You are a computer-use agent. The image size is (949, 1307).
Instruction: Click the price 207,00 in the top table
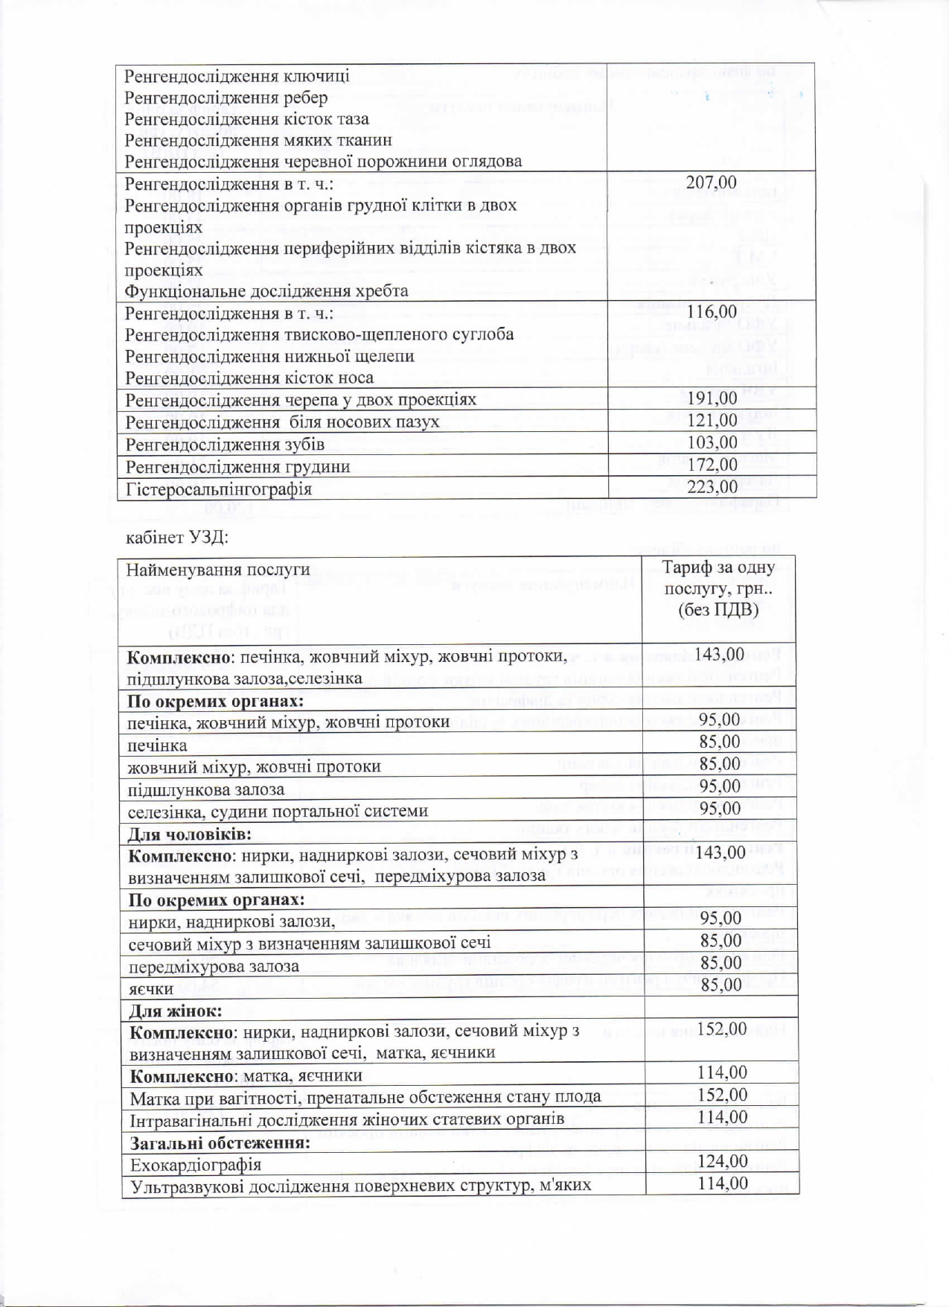(711, 182)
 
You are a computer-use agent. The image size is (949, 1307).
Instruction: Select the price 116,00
(712, 312)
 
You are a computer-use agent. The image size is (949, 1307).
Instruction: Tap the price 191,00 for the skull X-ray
(712, 398)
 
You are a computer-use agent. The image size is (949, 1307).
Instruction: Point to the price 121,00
(712, 421)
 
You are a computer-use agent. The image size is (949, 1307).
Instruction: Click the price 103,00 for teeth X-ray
(712, 443)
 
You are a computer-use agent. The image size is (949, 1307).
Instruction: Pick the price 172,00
(712, 465)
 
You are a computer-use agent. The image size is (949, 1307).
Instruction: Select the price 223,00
(712, 487)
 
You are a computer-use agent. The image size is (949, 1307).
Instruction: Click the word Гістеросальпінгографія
(219, 489)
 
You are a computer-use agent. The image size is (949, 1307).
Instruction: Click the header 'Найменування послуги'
(218, 570)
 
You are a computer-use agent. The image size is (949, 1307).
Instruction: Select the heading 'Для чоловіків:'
(190, 834)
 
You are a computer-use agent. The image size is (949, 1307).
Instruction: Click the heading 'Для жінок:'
(176, 1011)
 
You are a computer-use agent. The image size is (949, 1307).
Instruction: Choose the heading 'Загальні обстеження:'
(220, 1143)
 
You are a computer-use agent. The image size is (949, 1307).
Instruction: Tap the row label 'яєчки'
(151, 989)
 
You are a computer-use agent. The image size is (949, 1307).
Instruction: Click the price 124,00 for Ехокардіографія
(722, 1161)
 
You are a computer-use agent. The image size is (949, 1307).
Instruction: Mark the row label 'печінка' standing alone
(157, 745)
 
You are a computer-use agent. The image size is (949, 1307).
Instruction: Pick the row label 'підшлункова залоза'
(206, 789)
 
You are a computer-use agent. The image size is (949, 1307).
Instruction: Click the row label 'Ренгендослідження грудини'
(237, 467)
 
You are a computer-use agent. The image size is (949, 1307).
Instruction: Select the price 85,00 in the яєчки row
(720, 985)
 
